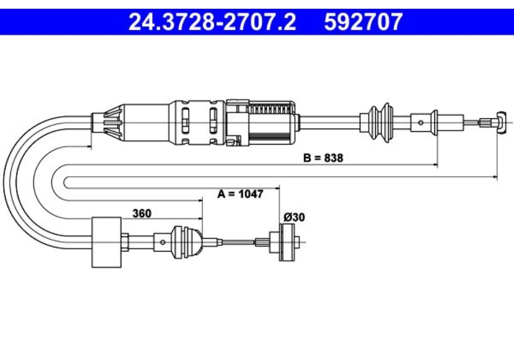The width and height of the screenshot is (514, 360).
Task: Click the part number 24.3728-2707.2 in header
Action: pos(212,22)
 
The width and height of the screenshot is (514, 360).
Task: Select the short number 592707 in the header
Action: pos(363,22)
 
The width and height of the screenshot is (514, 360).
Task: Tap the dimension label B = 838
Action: pos(323,158)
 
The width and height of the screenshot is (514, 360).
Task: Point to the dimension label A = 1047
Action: pos(240,194)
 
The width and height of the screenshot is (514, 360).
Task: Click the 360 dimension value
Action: pos(142,213)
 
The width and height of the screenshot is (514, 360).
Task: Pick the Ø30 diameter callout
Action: pos(294,218)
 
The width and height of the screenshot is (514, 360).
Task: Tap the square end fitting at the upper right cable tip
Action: pos(503,122)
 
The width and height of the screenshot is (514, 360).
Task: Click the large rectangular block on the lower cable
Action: pos(106,242)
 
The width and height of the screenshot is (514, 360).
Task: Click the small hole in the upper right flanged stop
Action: pos(420,122)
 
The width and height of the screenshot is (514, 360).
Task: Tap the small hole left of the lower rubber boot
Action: pos(162,242)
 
